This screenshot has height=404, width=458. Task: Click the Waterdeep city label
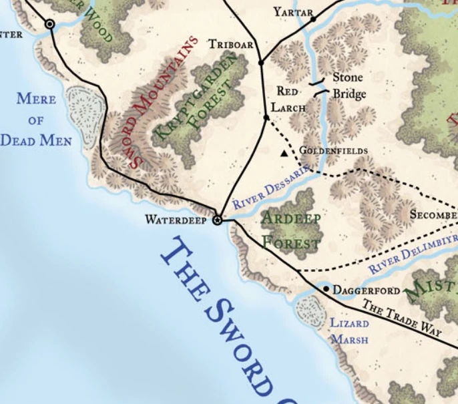[176, 220]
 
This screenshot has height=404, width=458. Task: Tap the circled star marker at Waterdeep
[217, 219]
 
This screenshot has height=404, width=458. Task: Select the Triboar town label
[231, 44]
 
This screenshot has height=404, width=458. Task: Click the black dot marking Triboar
[261, 62]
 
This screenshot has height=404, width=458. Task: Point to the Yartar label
[293, 12]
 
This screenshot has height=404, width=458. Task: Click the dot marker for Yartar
[313, 19]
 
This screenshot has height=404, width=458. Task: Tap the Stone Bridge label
[349, 86]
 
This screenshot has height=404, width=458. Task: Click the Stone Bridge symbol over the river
[320, 87]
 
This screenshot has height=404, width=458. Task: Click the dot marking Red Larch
[266, 118]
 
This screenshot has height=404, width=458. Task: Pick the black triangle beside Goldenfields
[284, 154]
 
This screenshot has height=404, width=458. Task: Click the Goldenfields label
[333, 151]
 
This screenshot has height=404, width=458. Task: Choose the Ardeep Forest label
[290, 230]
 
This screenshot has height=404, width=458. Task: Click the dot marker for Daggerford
[326, 289]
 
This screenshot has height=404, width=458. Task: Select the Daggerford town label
[366, 290]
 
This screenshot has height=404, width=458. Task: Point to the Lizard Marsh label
[350, 331]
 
